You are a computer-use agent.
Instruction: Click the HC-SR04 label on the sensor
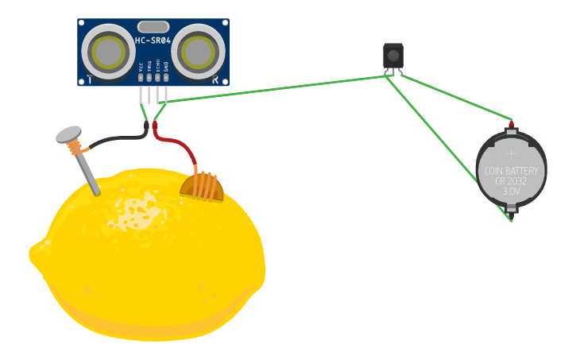pos(153,40)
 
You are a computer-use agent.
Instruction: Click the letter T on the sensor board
pos(90,79)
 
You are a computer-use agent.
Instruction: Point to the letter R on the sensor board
pos(215,79)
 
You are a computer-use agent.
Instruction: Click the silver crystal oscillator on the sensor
pos(153,27)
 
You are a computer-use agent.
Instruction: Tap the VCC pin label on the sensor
pos(141,69)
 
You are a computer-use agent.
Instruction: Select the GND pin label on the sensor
pos(166,68)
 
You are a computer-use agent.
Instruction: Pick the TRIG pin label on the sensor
pos(149,68)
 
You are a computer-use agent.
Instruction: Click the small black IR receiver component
pos(392,55)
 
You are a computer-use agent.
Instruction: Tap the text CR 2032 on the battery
pos(511,181)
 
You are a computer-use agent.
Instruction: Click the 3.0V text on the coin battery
pos(511,192)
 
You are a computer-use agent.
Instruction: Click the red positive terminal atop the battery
pos(511,123)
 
